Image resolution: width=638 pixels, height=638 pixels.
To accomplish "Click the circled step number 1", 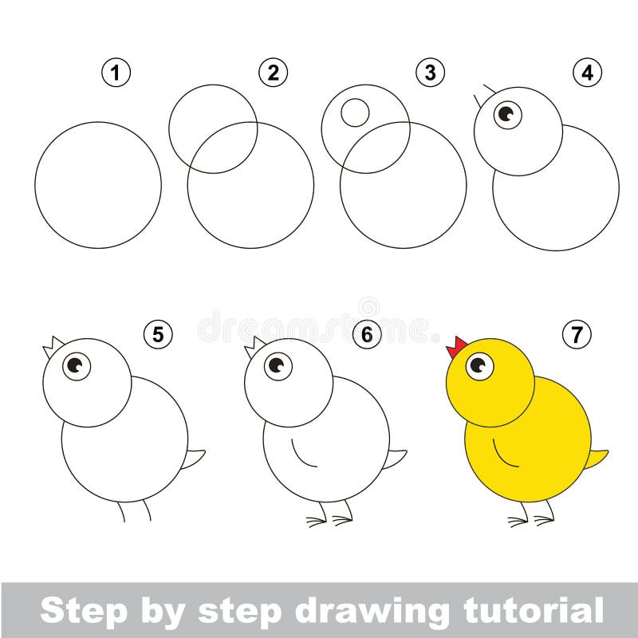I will coord(116,73).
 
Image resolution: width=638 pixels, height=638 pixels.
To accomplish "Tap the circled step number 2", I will coord(273,73).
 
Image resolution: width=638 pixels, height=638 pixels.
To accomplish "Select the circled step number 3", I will coord(430,73).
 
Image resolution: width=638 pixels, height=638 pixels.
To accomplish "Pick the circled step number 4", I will coord(587,73).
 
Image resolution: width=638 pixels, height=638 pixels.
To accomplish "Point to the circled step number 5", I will coord(158,335).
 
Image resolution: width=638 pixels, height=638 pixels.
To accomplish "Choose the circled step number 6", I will coord(366,335).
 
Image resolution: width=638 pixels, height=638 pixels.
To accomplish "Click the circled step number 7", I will coord(576,335).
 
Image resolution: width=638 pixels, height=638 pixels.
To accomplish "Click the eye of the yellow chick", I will coord(479,366).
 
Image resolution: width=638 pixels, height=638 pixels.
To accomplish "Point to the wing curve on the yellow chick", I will coord(502,454).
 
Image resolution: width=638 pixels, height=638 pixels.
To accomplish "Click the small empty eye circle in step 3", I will coord(355,112).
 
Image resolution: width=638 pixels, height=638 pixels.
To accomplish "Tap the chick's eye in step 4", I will coord(506,114).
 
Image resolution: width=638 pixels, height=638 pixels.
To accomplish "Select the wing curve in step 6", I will coord(300,454).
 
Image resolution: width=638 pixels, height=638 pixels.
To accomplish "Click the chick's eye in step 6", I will coord(277,366).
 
